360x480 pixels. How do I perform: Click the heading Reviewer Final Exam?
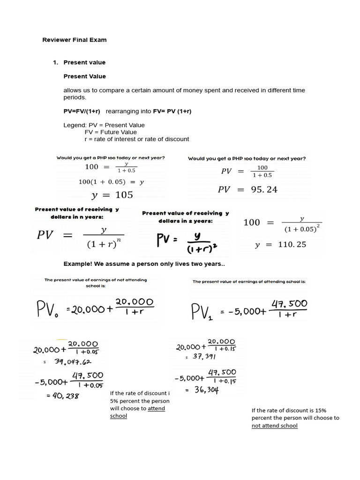tap(75, 40)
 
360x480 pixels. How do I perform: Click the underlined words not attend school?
tap(275, 426)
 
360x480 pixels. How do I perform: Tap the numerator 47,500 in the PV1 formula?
tap(289, 304)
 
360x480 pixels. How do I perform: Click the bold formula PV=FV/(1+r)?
tap(82, 111)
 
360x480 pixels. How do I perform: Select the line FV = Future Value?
tap(111, 132)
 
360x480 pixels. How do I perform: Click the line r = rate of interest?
tap(136, 139)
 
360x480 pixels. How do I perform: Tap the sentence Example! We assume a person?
tap(144, 264)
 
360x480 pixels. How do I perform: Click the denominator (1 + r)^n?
tap(103, 244)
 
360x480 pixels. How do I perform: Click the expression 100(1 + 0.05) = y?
tap(111, 181)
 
